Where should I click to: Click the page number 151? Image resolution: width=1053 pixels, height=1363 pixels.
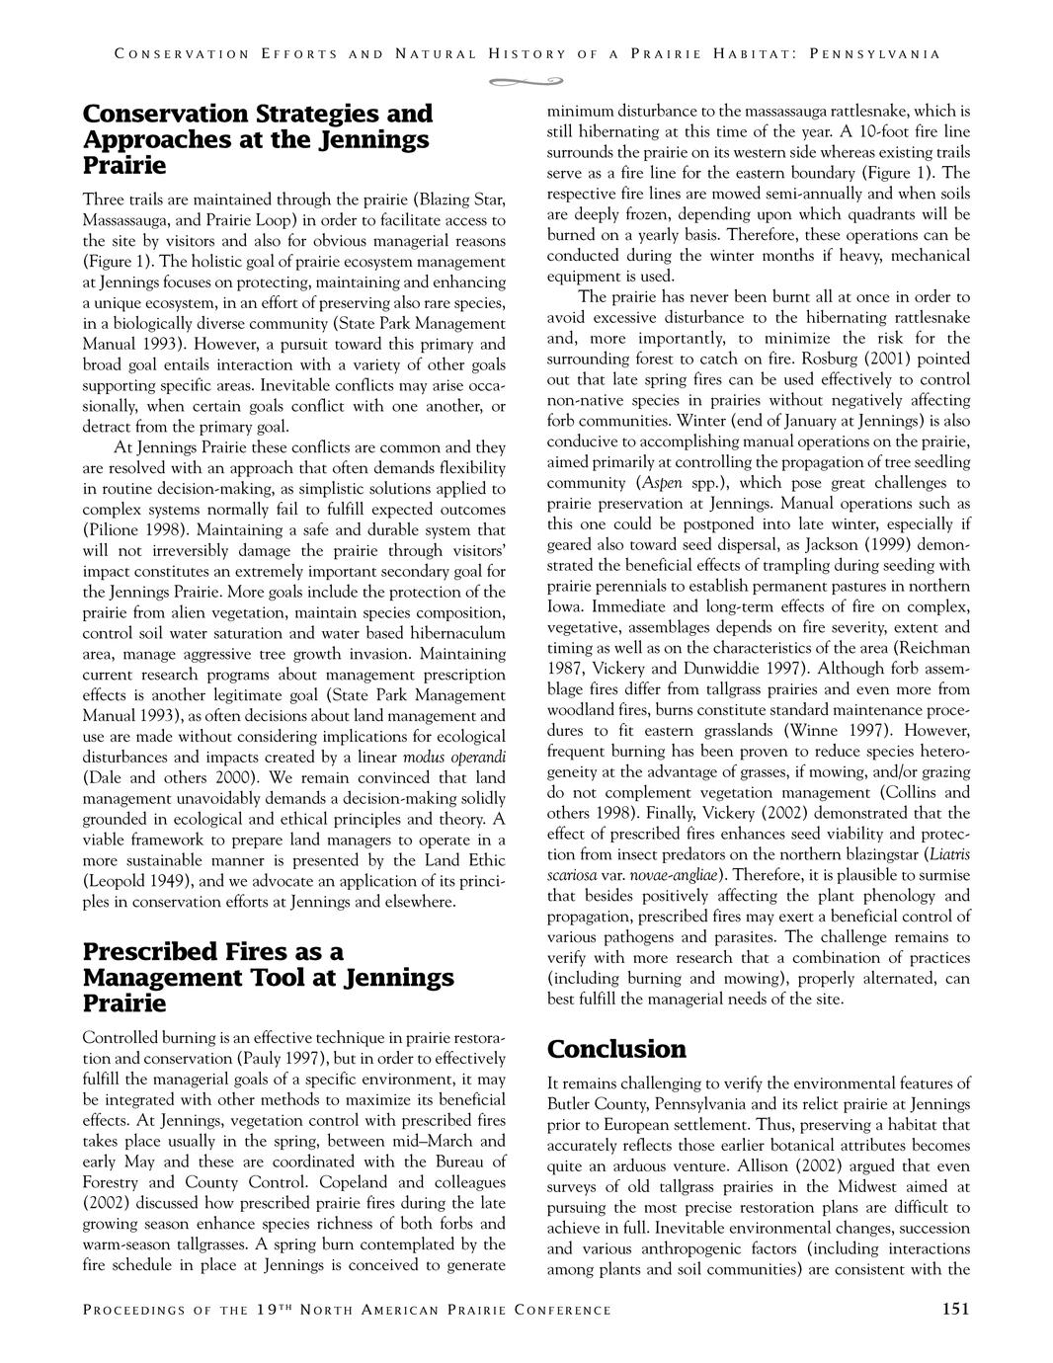(955, 1310)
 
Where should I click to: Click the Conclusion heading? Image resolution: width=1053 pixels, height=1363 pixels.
(616, 1048)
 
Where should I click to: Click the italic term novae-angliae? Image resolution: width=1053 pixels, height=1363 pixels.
(676, 875)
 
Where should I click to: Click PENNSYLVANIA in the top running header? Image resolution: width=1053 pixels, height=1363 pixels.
(873, 54)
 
